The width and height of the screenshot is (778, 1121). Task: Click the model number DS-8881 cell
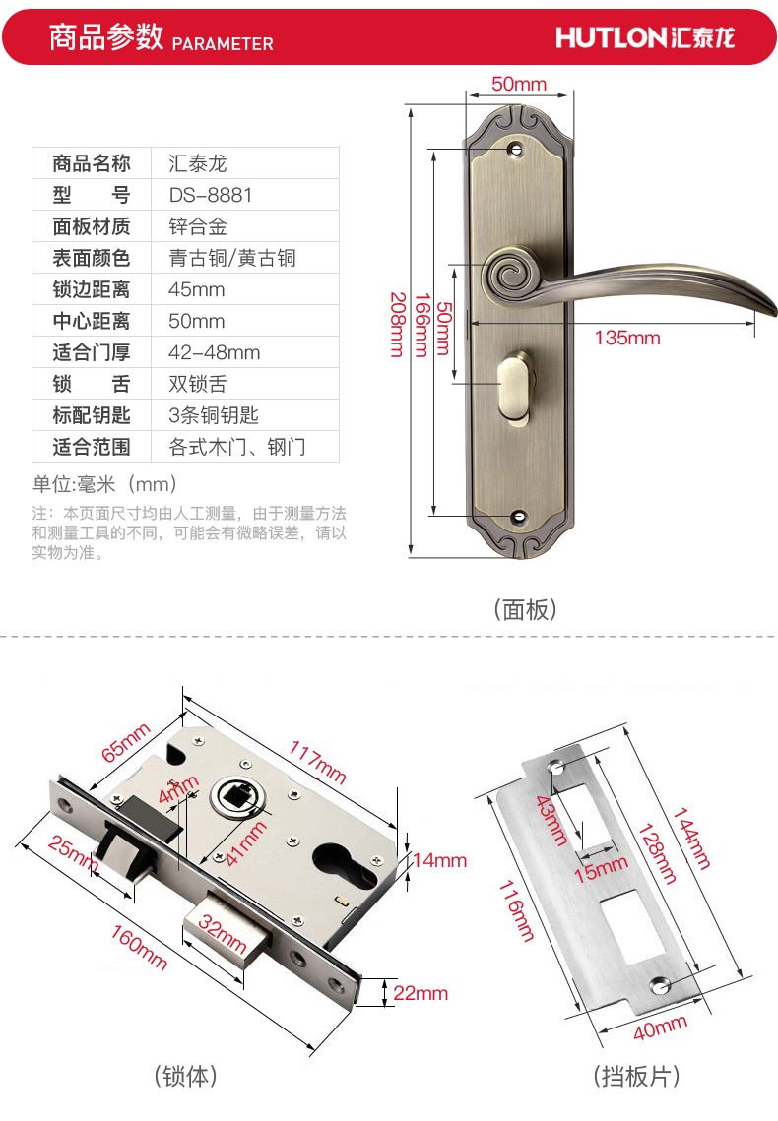[x=211, y=195]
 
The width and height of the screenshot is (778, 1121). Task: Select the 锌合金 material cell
[x=198, y=226]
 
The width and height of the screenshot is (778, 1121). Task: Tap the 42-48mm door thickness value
[x=215, y=352]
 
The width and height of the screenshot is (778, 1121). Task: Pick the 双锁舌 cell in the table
[x=198, y=384]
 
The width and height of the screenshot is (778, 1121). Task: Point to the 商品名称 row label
[x=92, y=163]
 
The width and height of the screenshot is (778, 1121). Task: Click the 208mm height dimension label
[x=397, y=324]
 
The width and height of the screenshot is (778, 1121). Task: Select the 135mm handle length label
[x=627, y=339]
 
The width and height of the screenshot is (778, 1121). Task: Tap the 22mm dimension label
[x=421, y=993]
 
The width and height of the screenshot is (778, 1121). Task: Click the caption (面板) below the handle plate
[x=525, y=609]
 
